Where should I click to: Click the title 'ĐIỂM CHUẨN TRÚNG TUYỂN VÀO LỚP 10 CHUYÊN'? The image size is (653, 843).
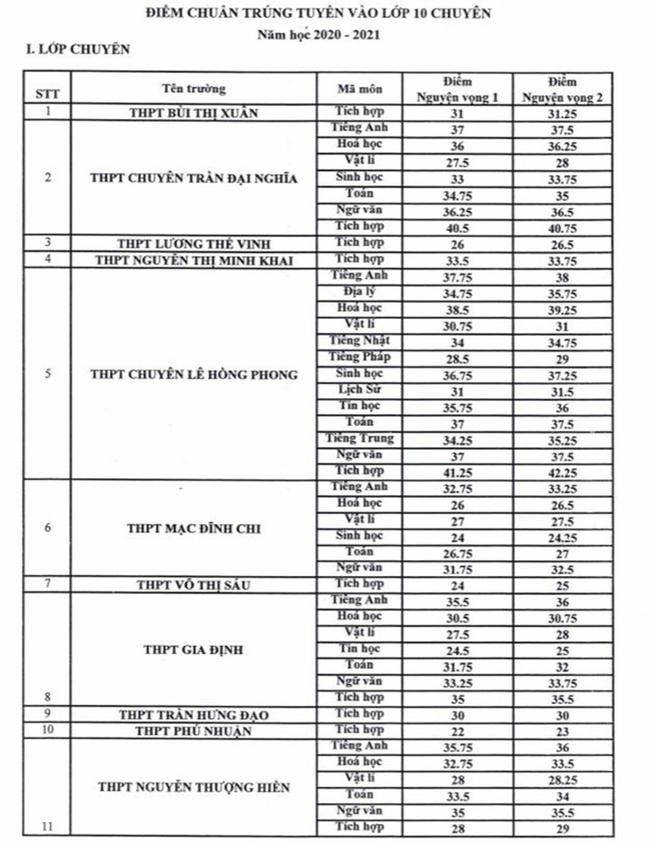[x=331, y=14]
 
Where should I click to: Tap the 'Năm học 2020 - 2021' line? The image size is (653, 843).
[x=329, y=34]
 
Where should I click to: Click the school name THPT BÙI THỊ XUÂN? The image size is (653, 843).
[x=194, y=112]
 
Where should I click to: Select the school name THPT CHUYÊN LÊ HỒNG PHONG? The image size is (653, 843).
[x=194, y=374]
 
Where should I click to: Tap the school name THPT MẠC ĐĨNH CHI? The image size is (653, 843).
[x=194, y=529]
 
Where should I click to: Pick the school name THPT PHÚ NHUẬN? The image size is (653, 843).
[x=194, y=731]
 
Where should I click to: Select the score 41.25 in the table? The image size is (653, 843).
[x=459, y=472]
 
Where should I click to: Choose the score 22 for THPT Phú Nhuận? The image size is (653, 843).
[x=459, y=731]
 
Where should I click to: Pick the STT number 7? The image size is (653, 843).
[x=48, y=584]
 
